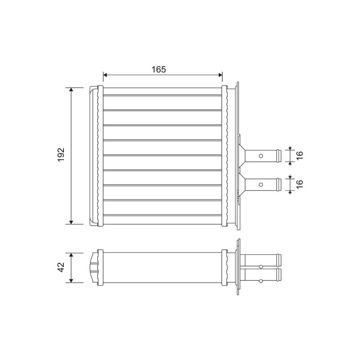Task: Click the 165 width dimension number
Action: pyautogui.click(x=158, y=69)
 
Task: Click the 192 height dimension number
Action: pyautogui.click(x=61, y=154)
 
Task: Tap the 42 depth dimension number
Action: pyautogui.click(x=61, y=267)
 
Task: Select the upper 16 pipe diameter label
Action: pyautogui.click(x=300, y=155)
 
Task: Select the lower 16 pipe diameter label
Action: pyautogui.click(x=300, y=184)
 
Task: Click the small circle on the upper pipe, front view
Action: pyautogui.click(x=261, y=156)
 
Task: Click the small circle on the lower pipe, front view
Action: pyautogui.click(x=261, y=184)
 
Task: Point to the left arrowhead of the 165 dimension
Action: pyautogui.click(x=105, y=75)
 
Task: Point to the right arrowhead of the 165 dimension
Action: pyautogui.click(x=220, y=75)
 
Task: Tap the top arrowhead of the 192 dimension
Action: pyautogui.click(x=71, y=90)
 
